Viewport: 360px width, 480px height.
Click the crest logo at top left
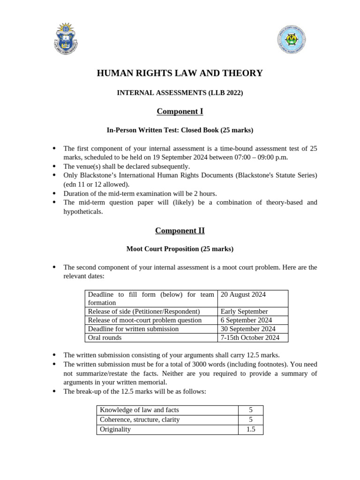point(66,38)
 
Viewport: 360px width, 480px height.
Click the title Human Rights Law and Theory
point(180,73)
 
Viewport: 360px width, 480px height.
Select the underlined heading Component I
point(180,111)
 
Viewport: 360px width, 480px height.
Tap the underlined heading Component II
point(180,231)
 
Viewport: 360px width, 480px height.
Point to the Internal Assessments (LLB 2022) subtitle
point(180,93)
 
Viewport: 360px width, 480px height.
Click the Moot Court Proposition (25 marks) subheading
point(180,249)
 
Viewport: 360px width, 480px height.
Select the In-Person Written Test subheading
point(180,130)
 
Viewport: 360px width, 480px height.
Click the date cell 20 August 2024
point(243,294)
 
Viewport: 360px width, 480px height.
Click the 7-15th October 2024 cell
point(249,337)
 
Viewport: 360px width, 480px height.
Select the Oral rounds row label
point(105,337)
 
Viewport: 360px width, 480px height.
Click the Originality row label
point(115,429)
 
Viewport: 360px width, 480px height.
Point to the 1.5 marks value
point(250,429)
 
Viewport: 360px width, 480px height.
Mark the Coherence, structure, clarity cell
point(140,420)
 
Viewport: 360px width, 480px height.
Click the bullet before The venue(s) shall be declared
point(54,166)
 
